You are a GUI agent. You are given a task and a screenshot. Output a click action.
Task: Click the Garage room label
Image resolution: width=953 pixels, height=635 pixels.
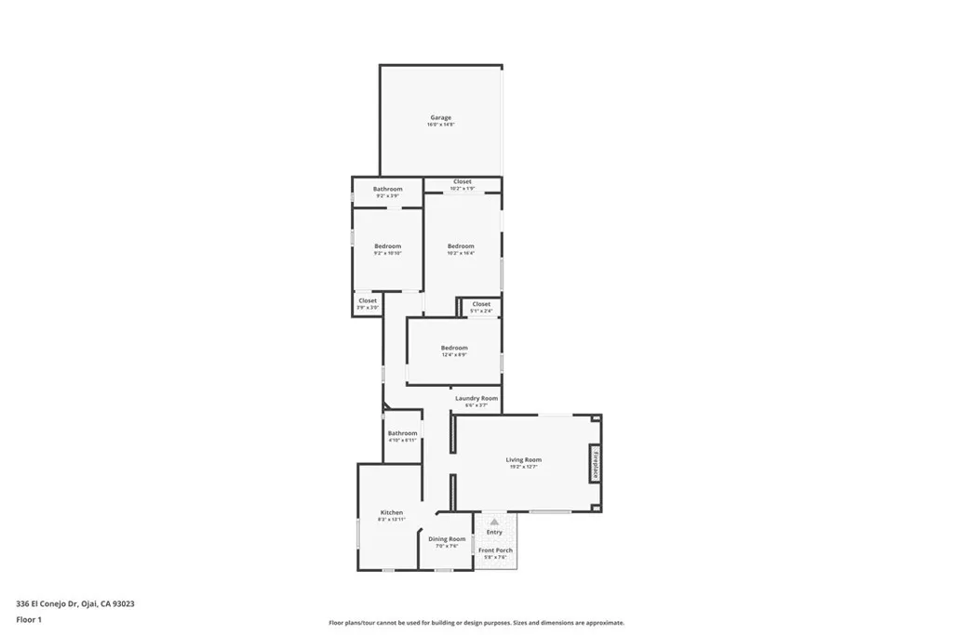(x=440, y=118)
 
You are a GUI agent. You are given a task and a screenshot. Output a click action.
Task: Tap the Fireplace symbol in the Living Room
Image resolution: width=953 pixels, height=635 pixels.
(x=595, y=463)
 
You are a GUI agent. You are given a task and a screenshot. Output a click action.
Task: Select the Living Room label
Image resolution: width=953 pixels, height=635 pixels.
(x=524, y=460)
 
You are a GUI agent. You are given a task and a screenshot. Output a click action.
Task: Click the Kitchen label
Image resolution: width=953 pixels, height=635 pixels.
(x=392, y=513)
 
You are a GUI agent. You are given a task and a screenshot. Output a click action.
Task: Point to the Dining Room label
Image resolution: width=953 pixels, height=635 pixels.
(x=447, y=539)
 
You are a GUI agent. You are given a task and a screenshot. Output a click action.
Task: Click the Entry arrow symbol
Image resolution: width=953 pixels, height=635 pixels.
(x=494, y=523)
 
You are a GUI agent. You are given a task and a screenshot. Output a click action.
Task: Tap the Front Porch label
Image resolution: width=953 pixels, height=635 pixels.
(x=495, y=550)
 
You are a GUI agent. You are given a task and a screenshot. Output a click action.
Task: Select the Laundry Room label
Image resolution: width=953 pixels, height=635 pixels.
(x=476, y=398)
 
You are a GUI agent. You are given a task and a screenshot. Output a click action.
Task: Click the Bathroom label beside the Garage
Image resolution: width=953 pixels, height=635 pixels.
(x=388, y=189)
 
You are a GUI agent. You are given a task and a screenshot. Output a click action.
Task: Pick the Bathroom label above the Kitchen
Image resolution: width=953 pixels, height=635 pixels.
(x=403, y=433)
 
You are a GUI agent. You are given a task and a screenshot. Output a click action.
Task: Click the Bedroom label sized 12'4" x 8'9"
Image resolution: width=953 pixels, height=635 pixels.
(x=454, y=348)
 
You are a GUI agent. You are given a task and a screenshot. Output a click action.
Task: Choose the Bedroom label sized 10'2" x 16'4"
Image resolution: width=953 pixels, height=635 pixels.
(x=461, y=245)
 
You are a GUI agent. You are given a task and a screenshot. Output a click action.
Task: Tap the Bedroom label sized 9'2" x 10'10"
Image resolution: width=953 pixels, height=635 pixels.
(x=388, y=246)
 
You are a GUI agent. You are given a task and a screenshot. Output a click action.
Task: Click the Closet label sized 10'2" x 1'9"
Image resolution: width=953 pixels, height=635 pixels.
(x=463, y=182)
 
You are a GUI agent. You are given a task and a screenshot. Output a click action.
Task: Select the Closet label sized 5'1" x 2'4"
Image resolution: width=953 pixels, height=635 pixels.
(x=481, y=304)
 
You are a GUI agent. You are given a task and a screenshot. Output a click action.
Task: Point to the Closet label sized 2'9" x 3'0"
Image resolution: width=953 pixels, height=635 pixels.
(x=368, y=300)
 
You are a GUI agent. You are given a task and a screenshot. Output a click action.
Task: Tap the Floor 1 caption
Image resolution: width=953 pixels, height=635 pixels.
(x=29, y=618)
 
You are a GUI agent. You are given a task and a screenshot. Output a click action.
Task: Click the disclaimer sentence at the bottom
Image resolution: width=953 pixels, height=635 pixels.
(x=476, y=623)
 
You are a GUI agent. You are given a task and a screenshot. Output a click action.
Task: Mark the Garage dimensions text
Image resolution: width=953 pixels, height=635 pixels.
(x=441, y=125)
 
